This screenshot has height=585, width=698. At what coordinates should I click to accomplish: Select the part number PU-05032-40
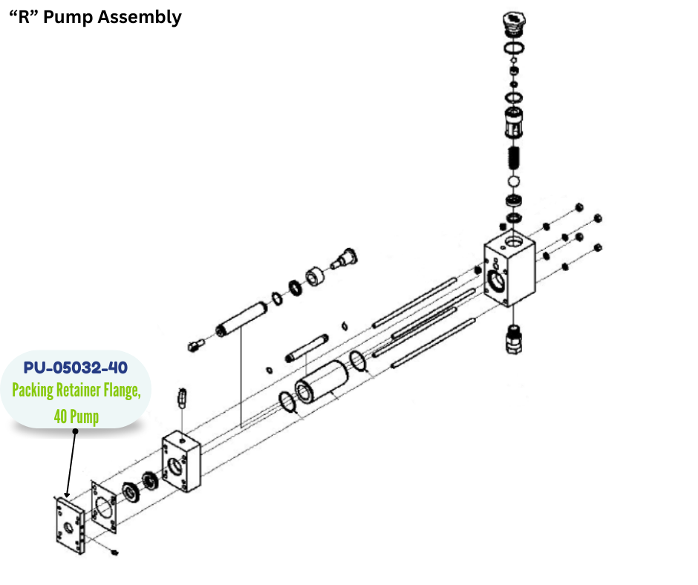point(75,368)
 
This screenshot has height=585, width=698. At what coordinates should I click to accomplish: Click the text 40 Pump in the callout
point(76,416)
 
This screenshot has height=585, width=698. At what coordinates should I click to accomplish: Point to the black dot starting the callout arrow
point(75,431)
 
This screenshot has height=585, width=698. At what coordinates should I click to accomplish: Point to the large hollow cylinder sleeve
point(321,383)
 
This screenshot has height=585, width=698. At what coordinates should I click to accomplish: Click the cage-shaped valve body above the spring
point(513,122)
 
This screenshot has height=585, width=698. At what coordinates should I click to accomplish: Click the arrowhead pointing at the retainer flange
point(66,494)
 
